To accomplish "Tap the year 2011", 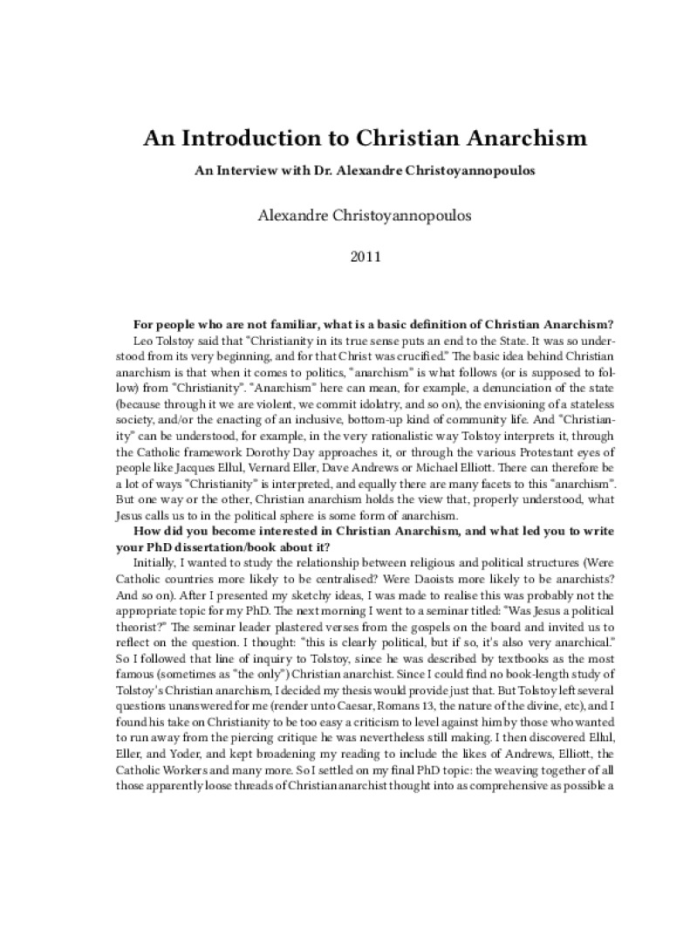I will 349,258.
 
